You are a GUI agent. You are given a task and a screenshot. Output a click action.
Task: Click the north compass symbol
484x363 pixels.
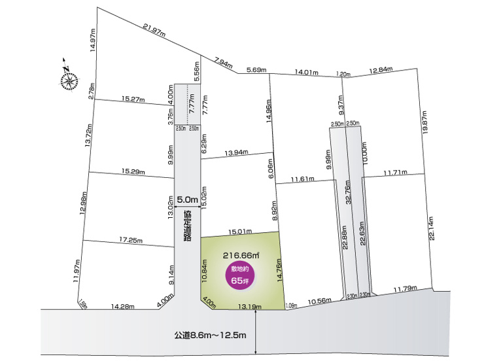pyautogui.click(x=67, y=79)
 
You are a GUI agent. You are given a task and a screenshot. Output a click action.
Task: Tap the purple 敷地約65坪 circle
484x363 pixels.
pyautogui.click(x=240, y=275)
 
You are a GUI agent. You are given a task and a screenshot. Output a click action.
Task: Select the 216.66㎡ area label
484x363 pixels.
pyautogui.click(x=241, y=254)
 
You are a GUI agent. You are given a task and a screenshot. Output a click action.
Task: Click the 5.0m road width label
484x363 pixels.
pyautogui.click(x=187, y=199)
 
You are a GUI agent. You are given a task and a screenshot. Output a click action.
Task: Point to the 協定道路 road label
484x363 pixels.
pyautogui.click(x=188, y=226)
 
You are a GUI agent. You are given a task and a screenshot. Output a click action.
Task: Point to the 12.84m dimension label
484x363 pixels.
pyautogui.click(x=381, y=70)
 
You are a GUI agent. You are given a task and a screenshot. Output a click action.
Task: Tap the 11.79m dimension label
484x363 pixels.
pyautogui.click(x=406, y=288)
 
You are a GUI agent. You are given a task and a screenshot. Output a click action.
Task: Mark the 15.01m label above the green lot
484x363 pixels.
pyautogui.click(x=240, y=231)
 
